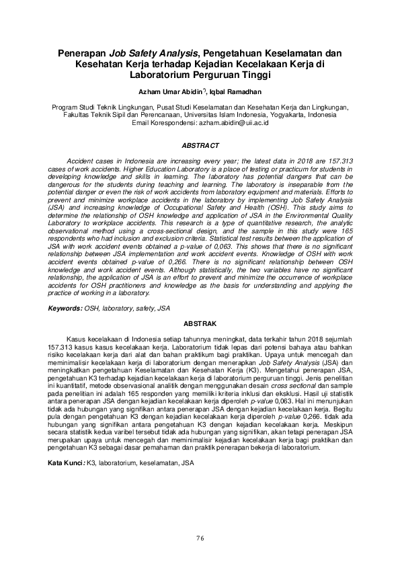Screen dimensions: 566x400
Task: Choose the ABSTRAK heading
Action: click(200, 324)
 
